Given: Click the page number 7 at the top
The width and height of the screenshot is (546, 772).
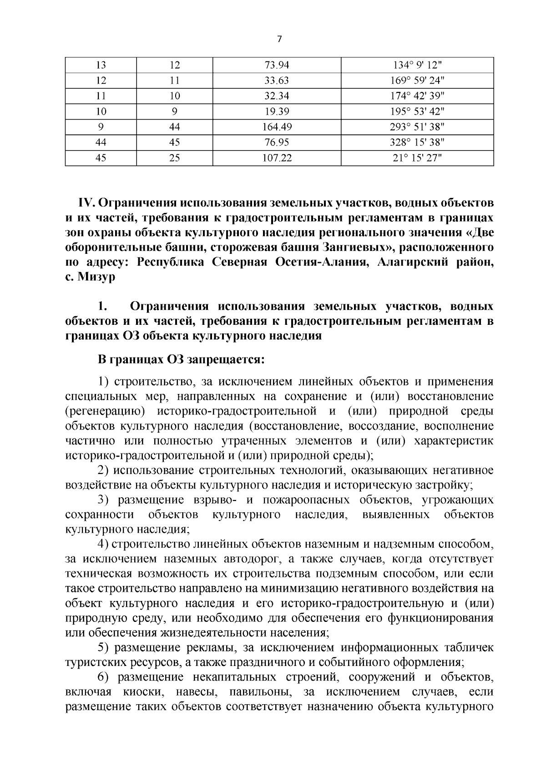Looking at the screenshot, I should (x=279, y=39).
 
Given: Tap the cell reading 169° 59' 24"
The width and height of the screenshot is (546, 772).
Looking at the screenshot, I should (x=417, y=81).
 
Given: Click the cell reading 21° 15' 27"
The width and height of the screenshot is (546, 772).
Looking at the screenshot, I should (x=417, y=158).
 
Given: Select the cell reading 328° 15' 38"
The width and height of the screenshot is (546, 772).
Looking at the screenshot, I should (x=417, y=142).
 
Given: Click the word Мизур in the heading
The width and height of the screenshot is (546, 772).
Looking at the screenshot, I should (x=96, y=277).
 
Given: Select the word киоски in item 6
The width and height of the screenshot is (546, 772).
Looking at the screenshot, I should (x=138, y=692).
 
